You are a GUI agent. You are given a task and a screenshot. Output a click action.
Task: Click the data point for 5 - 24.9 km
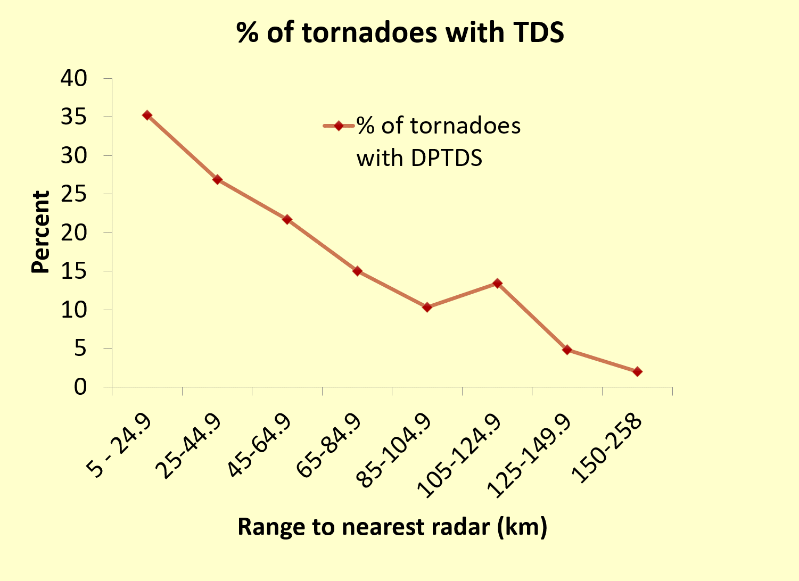click(x=147, y=115)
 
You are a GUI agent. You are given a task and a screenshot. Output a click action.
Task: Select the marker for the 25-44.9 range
click(x=217, y=180)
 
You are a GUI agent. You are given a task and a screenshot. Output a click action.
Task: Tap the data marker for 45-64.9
click(x=287, y=220)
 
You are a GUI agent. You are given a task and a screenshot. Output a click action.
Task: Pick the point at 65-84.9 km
click(x=357, y=271)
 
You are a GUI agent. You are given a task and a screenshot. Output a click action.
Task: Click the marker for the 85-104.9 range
click(x=427, y=307)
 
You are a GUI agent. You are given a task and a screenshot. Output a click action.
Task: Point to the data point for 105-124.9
click(x=497, y=284)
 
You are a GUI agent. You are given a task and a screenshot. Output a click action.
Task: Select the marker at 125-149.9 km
click(x=567, y=350)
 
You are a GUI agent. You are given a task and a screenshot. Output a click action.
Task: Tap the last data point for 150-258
click(x=637, y=372)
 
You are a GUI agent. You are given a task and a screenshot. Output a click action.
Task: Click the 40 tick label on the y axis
click(x=74, y=78)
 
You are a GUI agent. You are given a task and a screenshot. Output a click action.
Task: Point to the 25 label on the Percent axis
click(x=74, y=194)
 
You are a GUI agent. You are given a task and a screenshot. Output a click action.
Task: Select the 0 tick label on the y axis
click(x=80, y=387)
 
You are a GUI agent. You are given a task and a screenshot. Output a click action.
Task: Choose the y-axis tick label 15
click(x=74, y=271)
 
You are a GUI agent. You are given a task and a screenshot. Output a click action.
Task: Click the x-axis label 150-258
click(x=607, y=449)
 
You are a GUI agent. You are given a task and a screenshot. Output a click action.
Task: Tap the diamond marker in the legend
click(x=339, y=126)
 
